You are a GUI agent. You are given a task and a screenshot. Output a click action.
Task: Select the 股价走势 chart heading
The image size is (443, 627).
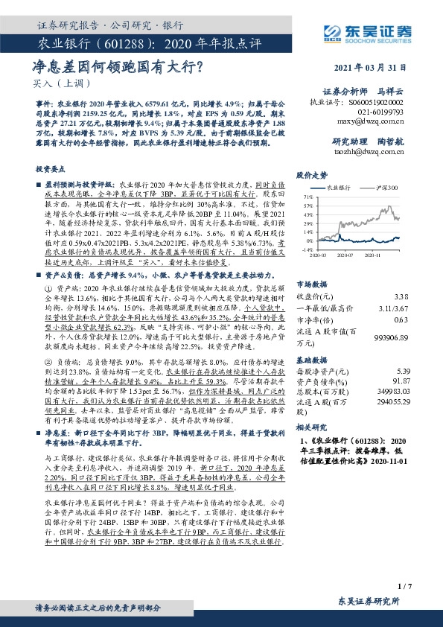312,176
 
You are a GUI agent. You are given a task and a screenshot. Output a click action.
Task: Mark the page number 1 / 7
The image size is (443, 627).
404,585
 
